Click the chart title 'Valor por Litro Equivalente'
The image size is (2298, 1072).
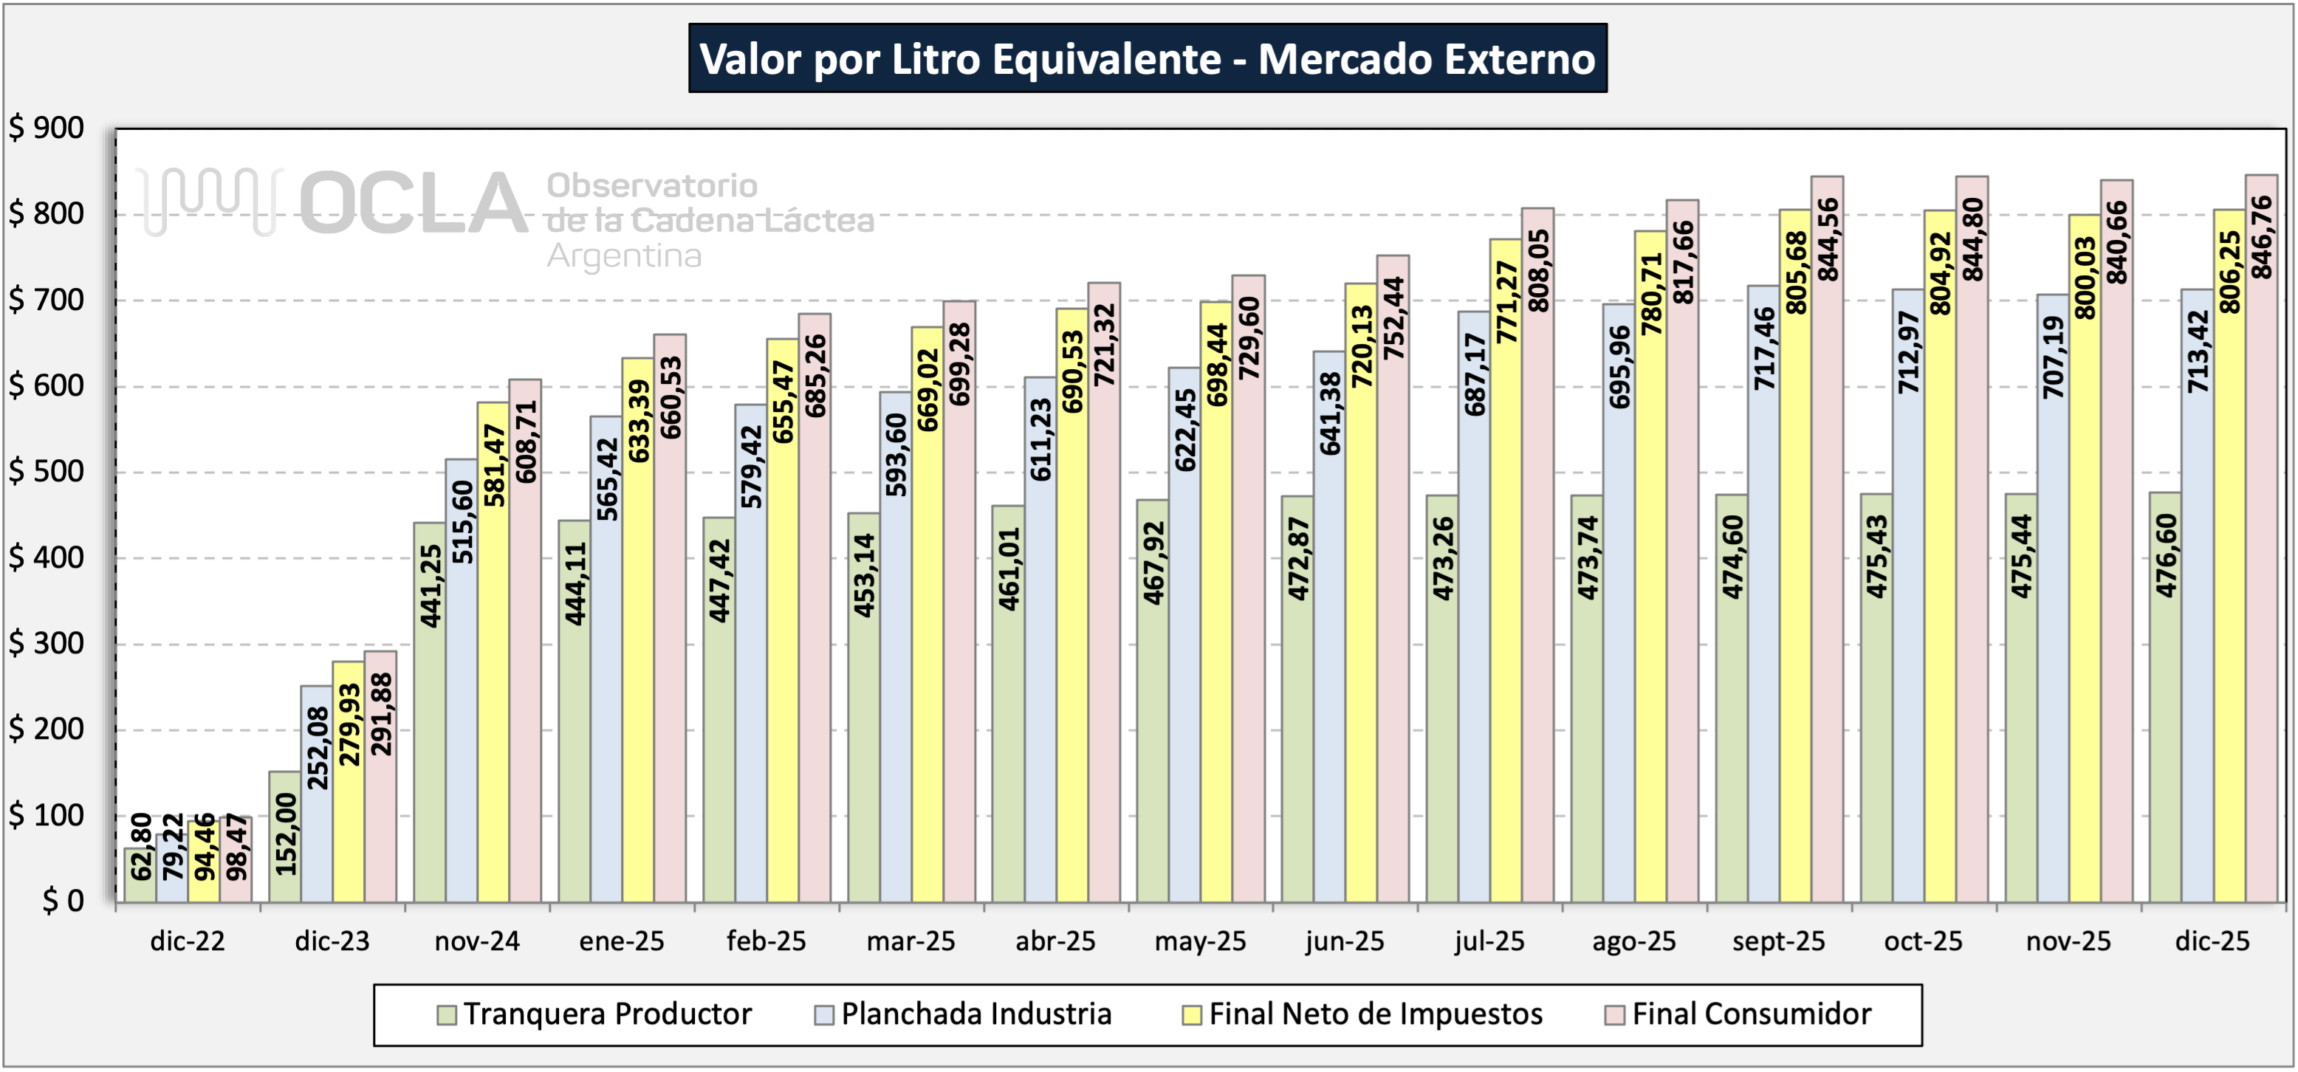point(1148,59)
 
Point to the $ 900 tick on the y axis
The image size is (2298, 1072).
point(47,128)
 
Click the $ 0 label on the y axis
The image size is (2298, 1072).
point(63,901)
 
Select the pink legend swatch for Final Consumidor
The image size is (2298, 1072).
point(1613,1015)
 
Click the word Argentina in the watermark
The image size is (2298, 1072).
point(625,257)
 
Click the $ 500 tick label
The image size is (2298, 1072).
point(47,472)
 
